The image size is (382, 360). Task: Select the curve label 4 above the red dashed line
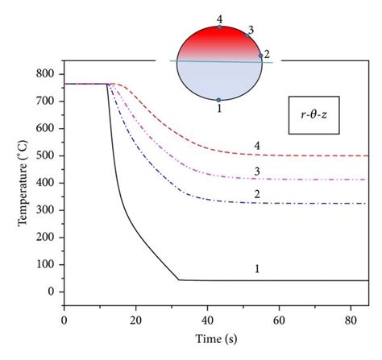pos(257,146)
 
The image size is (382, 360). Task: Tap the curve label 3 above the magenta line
pos(257,170)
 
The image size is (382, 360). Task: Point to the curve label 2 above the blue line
pos(257,194)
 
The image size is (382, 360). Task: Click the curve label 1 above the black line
pos(257,270)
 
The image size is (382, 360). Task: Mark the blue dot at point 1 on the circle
pos(219,100)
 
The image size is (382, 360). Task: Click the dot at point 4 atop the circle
pos(220,27)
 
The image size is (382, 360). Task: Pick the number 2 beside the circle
pos(267,54)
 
